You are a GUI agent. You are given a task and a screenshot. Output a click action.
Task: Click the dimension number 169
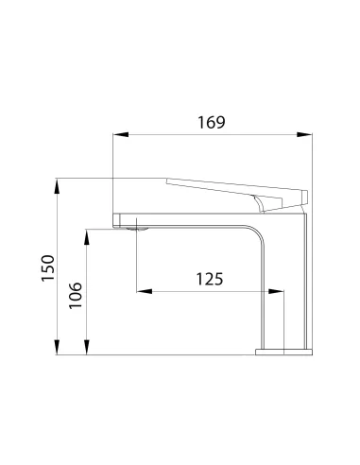click(214, 123)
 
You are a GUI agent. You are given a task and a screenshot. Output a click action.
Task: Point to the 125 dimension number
click(210, 279)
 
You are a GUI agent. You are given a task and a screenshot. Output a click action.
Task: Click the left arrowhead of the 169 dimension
click(117, 135)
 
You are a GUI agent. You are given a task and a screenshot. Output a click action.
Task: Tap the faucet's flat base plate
click(284, 352)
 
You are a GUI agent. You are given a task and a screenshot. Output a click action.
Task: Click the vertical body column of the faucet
click(295, 284)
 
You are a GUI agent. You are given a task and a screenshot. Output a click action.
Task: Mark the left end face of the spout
click(115, 218)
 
